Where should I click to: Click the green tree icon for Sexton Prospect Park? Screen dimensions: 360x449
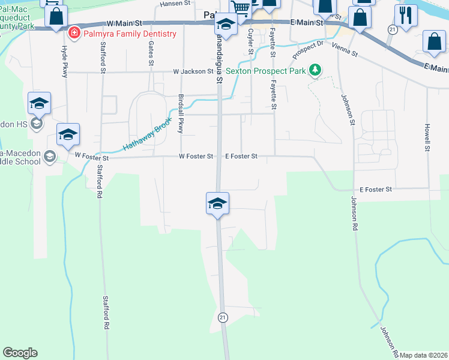click(314, 70)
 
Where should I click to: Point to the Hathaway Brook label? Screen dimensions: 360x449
click(148, 133)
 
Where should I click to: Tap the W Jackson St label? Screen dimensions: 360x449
click(193, 71)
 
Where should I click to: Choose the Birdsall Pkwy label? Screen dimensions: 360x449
click(179, 109)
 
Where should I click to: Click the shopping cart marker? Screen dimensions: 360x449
click(241, 8)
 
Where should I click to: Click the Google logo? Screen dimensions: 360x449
click(20, 353)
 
